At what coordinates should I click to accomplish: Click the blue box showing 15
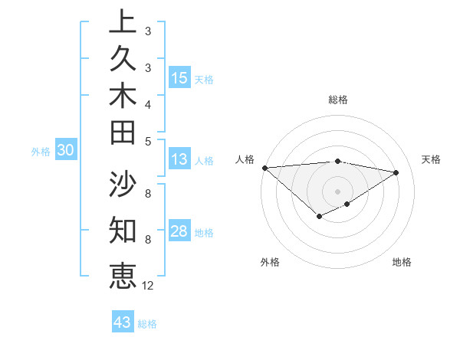[x=179, y=77]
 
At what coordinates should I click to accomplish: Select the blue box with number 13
[x=179, y=159]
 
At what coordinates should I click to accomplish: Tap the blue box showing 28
[x=179, y=231]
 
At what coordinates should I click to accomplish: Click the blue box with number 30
[x=66, y=151]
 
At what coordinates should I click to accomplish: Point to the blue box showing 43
[x=123, y=322]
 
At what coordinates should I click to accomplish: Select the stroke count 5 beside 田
[x=148, y=141]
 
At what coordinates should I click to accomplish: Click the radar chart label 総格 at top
[x=338, y=100]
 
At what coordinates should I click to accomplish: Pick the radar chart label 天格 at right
[x=432, y=159]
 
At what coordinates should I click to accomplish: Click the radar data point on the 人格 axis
[x=264, y=168]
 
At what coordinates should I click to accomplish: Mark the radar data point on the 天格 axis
[x=396, y=172]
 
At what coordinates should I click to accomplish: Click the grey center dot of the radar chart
[x=338, y=191]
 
